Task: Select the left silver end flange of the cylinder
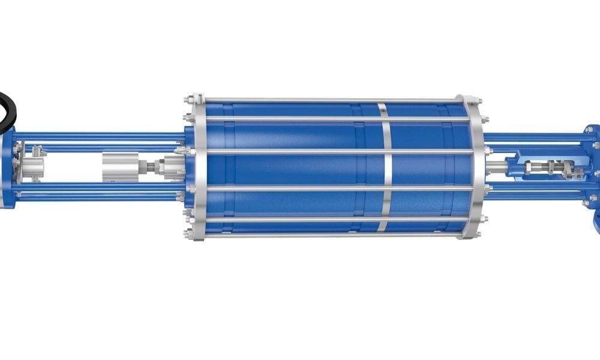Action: coord(199,168)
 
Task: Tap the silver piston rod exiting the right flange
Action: coord(496,167)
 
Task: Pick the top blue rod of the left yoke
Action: coord(96,135)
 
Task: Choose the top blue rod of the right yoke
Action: coord(534,137)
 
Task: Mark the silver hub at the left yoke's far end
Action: coord(33,165)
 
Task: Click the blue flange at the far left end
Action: coord(7,171)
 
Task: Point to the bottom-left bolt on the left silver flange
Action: coord(189,235)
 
